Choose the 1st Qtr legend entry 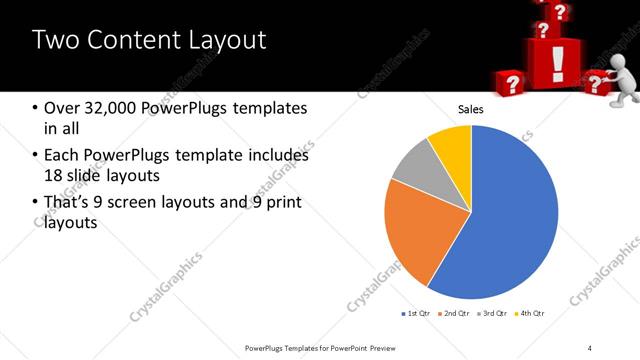click(416, 314)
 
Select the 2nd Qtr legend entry click(454, 314)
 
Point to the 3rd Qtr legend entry click(492, 314)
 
